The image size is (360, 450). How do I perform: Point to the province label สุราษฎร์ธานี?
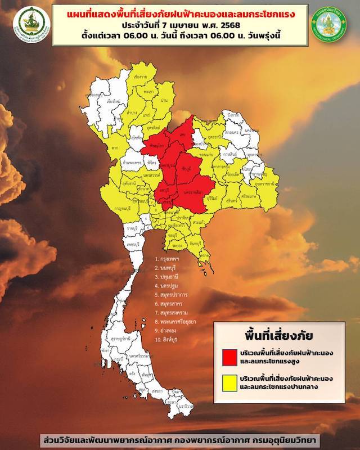(x=115, y=340)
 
